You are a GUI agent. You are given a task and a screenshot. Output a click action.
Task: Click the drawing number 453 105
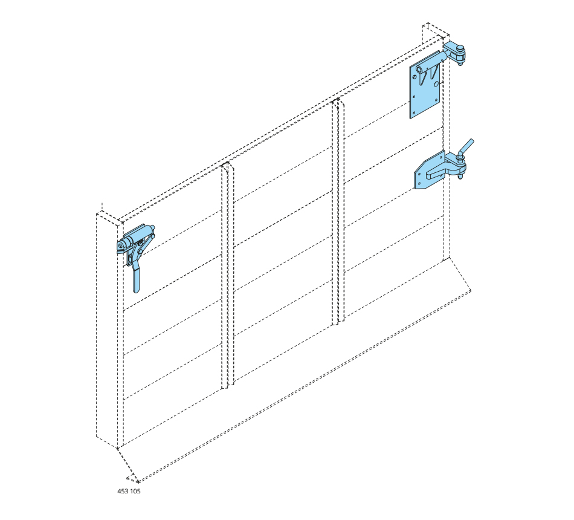click(129, 491)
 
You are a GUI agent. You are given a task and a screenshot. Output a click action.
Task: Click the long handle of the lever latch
click(137, 279)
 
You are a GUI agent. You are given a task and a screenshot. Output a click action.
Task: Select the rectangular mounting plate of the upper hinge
click(424, 85)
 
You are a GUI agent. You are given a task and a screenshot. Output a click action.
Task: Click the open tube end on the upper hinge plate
click(419, 68)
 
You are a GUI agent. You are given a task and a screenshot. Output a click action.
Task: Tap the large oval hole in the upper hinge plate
click(436, 84)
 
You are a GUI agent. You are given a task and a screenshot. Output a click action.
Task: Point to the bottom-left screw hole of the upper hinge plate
click(414, 112)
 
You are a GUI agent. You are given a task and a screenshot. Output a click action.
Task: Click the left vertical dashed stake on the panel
click(227, 275)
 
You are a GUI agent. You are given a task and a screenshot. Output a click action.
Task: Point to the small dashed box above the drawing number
click(132, 479)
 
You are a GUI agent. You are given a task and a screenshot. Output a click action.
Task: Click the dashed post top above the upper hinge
click(436, 30)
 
